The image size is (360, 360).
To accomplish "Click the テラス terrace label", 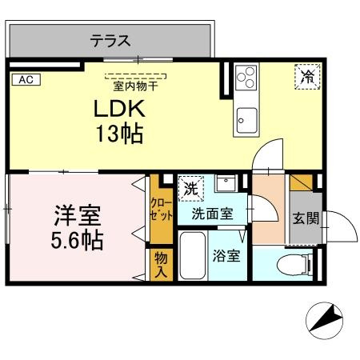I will click(110, 40).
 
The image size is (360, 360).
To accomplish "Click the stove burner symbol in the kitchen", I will click(246, 78).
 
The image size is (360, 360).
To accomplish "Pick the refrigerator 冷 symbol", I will click(307, 77).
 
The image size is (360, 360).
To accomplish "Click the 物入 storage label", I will click(161, 265).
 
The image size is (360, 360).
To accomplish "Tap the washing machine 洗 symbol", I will click(191, 190).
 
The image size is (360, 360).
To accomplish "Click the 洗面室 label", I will click(212, 214).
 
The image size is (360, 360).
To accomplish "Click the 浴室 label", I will click(226, 257).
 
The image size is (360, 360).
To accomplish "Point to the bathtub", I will click(190, 257).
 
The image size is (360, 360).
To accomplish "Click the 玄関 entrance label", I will click(304, 218).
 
